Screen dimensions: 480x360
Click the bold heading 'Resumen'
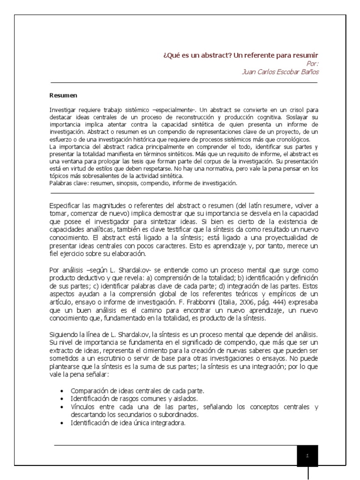(x=63, y=96)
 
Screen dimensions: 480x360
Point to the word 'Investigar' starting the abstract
(x=62, y=109)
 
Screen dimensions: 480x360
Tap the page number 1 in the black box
(x=307, y=455)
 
